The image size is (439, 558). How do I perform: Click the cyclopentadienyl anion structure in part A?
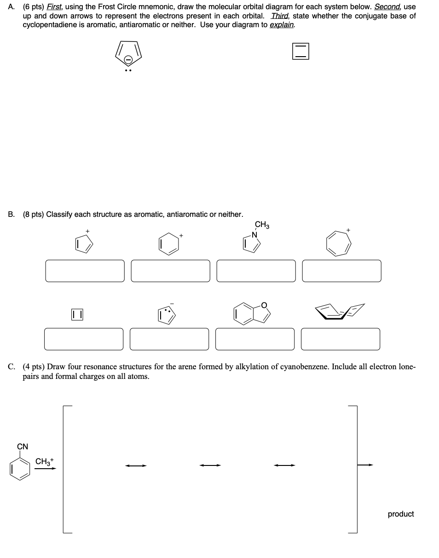click(128, 54)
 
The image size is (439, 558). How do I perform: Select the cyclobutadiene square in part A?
click(300, 51)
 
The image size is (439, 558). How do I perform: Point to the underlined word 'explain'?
click(282, 24)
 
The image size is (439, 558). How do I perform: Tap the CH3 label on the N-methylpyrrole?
click(262, 225)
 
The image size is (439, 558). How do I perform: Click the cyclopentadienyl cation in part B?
click(84, 243)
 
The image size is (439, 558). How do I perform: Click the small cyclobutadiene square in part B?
click(77, 315)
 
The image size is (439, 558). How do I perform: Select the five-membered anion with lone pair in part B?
click(167, 315)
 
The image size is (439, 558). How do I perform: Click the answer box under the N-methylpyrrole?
click(256, 271)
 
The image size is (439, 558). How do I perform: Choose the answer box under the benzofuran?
click(254, 339)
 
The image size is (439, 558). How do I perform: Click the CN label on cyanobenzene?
click(23, 447)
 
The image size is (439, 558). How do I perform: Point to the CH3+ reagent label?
click(45, 461)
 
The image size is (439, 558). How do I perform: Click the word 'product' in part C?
click(400, 514)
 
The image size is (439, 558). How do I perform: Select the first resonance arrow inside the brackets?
click(136, 465)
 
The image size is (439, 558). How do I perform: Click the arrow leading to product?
click(366, 465)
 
